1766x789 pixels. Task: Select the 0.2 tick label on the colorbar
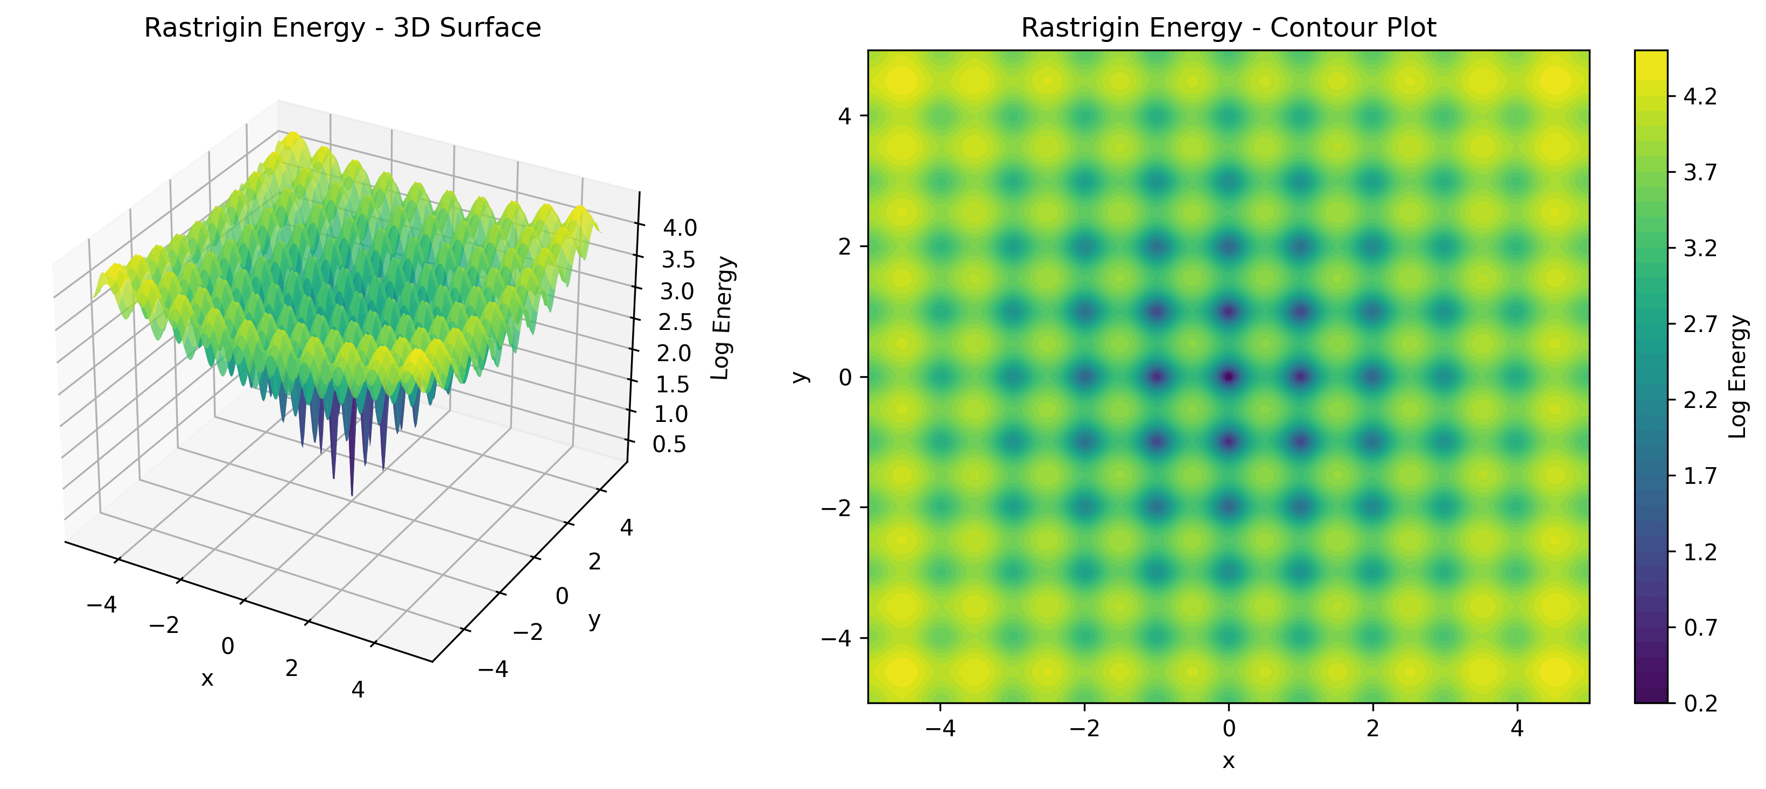tap(1700, 703)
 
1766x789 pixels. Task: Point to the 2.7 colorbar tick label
tap(1700, 324)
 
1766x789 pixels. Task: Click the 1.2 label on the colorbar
tap(1700, 552)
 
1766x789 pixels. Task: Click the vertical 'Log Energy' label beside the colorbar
tap(1737, 376)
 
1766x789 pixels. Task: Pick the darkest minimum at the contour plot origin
tap(1229, 376)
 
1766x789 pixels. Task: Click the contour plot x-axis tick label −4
tap(940, 728)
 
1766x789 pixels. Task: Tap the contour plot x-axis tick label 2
tap(1372, 728)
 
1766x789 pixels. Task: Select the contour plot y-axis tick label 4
tap(845, 116)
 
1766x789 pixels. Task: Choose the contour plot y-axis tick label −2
tap(836, 508)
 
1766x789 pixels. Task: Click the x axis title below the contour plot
tap(1229, 761)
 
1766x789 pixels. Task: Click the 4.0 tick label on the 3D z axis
tap(679, 228)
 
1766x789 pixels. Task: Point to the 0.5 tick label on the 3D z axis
tap(669, 444)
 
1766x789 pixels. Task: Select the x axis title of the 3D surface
tap(207, 679)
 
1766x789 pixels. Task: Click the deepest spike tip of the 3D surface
tap(352, 494)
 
